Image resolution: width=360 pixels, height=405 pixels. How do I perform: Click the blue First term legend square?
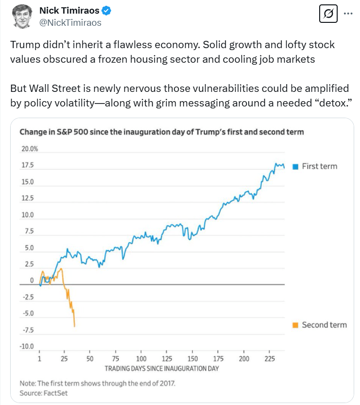[295, 166]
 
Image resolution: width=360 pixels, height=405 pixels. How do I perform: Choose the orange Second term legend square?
[295, 325]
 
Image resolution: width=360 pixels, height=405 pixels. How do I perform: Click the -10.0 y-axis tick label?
[27, 347]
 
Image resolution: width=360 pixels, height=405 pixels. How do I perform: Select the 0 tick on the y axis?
[32, 281]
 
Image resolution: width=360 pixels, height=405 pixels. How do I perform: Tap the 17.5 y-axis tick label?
[28, 166]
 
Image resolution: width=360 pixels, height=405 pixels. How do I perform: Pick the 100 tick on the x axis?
[141, 359]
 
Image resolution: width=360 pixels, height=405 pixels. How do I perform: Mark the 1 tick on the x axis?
[40, 359]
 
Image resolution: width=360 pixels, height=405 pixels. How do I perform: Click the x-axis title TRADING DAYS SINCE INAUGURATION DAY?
[162, 368]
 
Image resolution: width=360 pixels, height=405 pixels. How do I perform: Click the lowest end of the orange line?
[74, 326]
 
